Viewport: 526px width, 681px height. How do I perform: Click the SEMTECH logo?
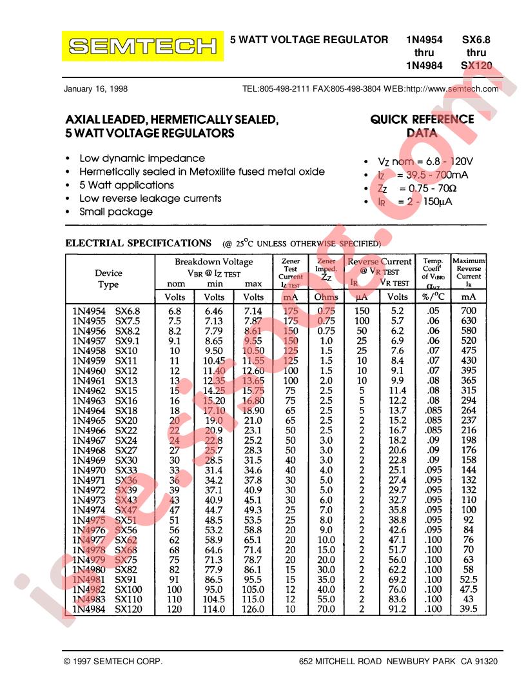tap(142, 46)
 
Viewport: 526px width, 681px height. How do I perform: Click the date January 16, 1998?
tap(95, 89)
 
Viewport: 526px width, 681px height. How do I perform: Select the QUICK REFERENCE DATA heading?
tap(422, 126)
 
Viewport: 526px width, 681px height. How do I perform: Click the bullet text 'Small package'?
tap(116, 212)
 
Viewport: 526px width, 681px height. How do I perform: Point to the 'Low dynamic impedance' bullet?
tap(142, 158)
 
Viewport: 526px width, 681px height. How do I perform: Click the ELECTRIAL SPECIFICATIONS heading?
tap(139, 243)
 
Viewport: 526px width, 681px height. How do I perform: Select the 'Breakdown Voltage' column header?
tap(214, 262)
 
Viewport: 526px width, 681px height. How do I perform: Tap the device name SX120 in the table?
tap(128, 609)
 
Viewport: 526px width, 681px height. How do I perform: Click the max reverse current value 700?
tap(469, 311)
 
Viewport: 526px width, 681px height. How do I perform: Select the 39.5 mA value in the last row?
tap(469, 609)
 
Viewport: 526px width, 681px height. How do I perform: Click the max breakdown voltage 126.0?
tap(253, 609)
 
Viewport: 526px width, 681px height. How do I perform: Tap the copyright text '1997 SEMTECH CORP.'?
tap(113, 662)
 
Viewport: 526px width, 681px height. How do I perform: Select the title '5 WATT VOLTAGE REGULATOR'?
tap(309, 40)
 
